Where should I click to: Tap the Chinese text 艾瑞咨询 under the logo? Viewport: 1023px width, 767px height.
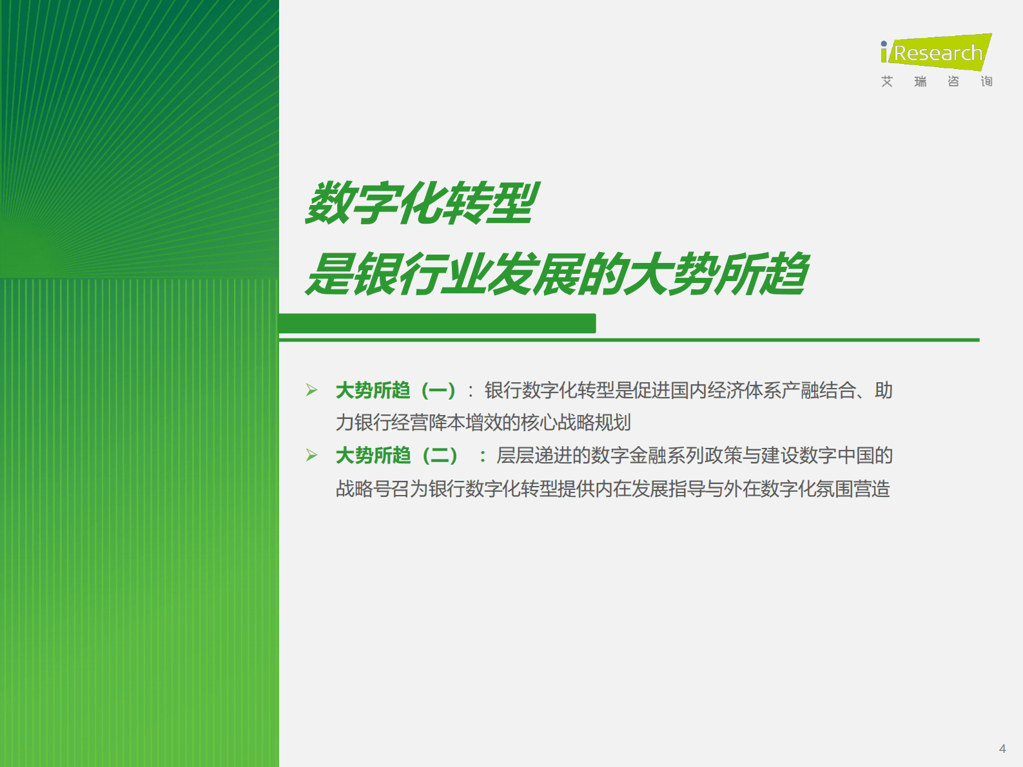tap(936, 81)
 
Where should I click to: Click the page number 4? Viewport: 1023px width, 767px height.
tap(1002, 748)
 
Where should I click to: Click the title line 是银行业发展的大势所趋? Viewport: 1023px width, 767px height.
tap(557, 275)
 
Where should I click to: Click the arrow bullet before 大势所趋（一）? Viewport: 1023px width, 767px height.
tap(312, 390)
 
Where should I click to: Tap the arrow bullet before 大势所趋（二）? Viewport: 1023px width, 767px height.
tap(312, 455)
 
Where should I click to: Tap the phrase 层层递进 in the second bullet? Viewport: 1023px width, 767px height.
tap(534, 456)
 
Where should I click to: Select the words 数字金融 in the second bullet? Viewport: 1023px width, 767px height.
tap(628, 456)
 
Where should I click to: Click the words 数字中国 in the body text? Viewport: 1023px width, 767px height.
tap(836, 456)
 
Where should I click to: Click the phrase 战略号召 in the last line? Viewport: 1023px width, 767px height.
tap(373, 489)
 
